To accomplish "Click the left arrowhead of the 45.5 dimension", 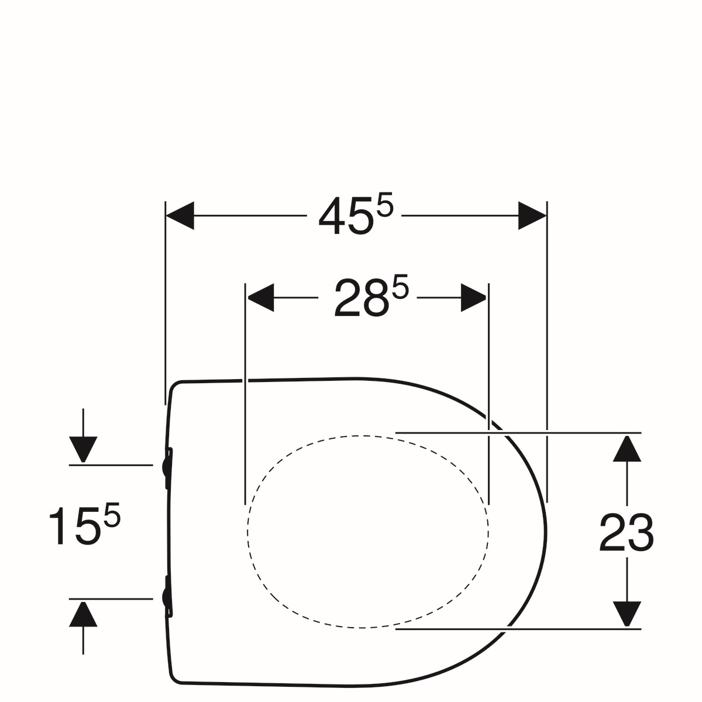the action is pos(180,216).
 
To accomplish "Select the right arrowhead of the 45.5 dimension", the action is pos(532,216).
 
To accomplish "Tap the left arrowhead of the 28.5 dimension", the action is pos(260,298).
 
